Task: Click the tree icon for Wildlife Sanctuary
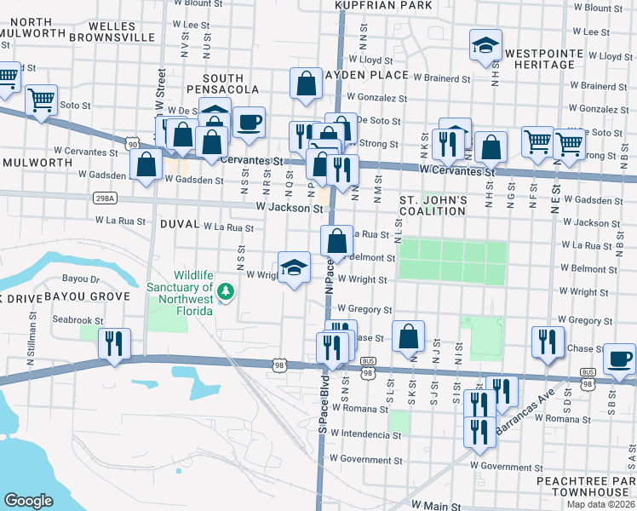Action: [x=226, y=291]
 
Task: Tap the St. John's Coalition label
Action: [x=433, y=205]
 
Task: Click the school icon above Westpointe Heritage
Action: [x=485, y=45]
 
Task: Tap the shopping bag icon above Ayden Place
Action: [x=306, y=83]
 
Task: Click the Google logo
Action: [x=29, y=500]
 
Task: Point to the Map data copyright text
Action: [x=600, y=504]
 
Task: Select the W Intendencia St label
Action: [x=366, y=435]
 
